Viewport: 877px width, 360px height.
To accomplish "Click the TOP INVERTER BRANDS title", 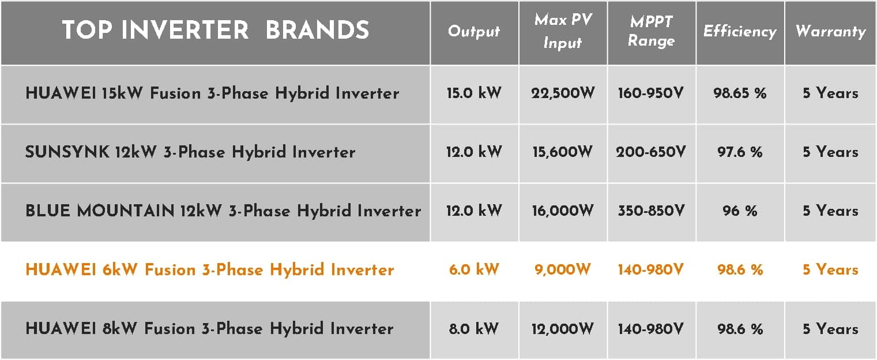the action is click(215, 30).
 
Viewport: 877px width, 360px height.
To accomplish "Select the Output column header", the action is click(474, 31).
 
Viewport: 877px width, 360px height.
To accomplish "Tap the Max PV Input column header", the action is click(563, 31).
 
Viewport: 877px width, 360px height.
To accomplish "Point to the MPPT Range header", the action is click(651, 31).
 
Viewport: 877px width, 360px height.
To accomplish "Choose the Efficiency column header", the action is click(740, 31).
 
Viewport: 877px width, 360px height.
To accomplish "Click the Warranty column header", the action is click(830, 31).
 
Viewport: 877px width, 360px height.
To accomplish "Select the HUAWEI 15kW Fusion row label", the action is click(212, 93).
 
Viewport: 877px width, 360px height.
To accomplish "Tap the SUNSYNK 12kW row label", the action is click(190, 152).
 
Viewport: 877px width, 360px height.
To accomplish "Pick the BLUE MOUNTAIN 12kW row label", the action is click(223, 211).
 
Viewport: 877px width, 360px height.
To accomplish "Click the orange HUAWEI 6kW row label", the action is click(209, 269).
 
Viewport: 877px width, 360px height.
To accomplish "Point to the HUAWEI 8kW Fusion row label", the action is click(209, 328).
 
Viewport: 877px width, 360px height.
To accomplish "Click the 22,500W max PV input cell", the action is click(563, 93).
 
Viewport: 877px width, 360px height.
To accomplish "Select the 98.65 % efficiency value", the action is click(740, 93).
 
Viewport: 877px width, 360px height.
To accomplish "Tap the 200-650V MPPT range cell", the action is click(651, 152).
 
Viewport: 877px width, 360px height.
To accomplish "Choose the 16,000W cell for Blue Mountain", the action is click(563, 211).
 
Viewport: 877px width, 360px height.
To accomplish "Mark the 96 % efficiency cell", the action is click(740, 211).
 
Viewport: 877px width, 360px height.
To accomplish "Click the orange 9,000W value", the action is click(563, 269).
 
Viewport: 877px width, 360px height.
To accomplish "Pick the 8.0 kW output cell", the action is click(474, 328).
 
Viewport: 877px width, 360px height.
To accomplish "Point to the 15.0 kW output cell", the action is click(474, 93).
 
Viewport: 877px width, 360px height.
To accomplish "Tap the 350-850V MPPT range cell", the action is click(651, 211).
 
